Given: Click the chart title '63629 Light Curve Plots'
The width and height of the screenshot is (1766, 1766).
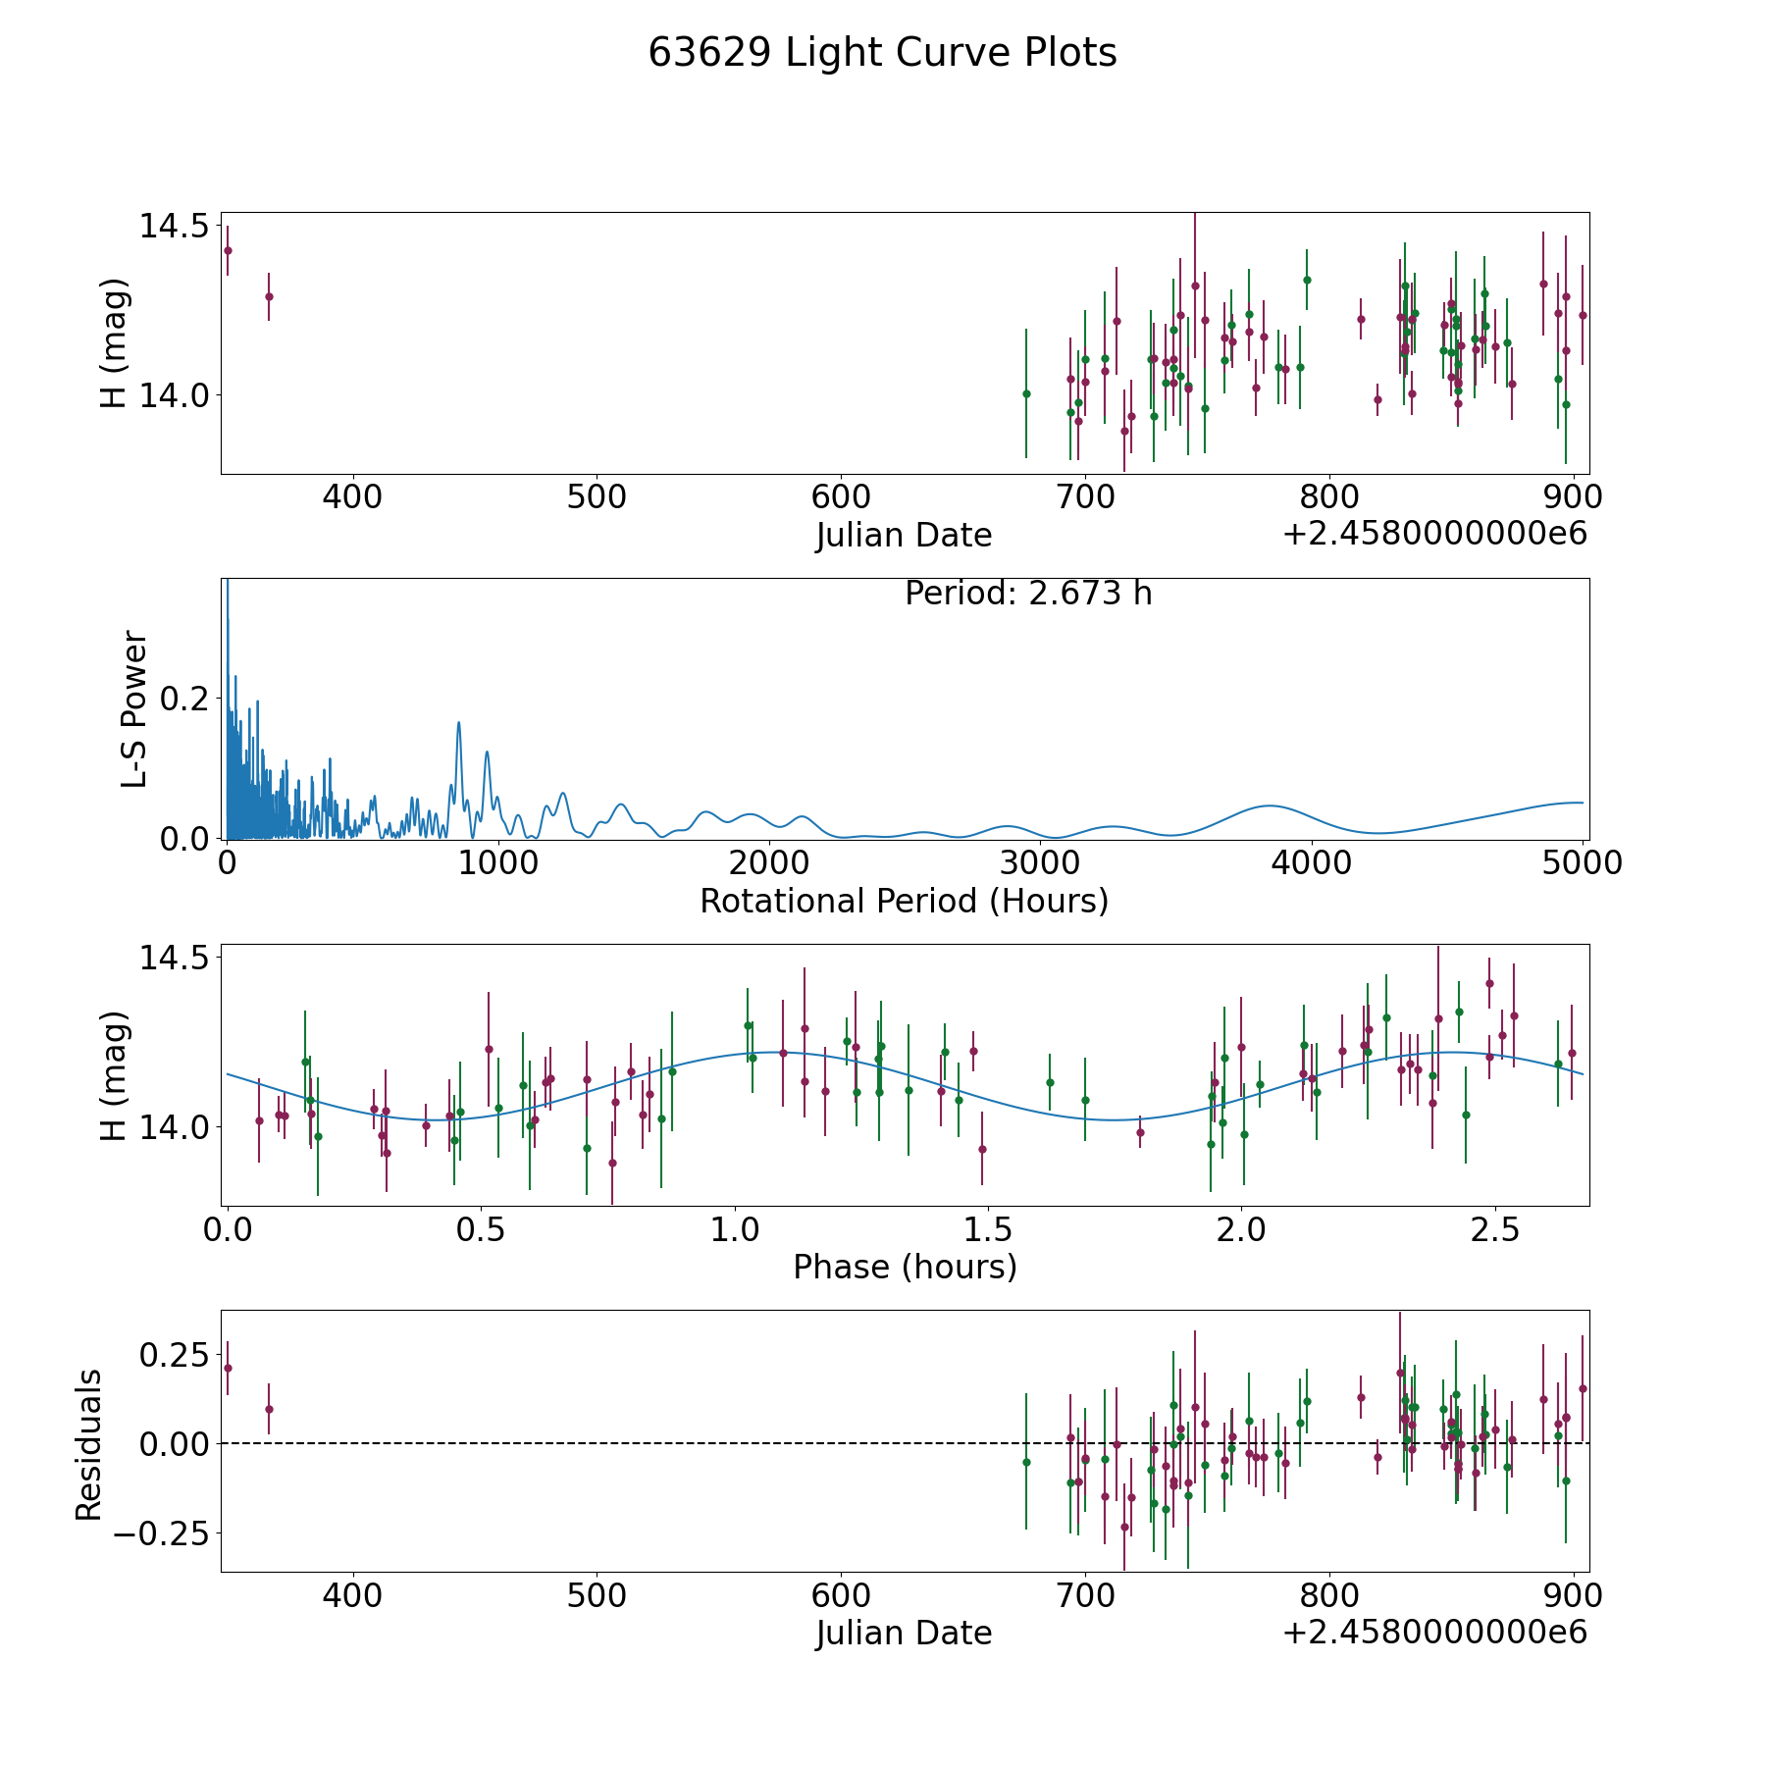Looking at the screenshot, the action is (882, 53).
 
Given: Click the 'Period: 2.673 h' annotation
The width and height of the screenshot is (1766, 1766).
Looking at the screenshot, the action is (1028, 594).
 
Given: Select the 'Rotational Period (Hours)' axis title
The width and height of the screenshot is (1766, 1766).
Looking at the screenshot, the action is (904, 901).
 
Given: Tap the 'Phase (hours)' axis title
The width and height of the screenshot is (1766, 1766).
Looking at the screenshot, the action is (905, 1267).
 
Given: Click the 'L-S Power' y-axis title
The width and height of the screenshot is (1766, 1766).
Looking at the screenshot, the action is (135, 709).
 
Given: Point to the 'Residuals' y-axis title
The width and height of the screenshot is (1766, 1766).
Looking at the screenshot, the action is (89, 1445).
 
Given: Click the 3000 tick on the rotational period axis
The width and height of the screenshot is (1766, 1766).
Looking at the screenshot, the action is (1040, 863).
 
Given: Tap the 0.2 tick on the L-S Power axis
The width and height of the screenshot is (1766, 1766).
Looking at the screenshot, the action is (184, 699).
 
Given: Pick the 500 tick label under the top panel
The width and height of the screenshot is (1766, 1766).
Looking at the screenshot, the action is (597, 497).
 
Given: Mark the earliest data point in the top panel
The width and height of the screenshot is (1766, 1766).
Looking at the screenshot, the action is (228, 250).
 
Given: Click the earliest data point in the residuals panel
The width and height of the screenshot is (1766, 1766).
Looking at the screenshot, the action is (228, 1368).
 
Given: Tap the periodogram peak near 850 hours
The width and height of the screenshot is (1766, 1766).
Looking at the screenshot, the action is (458, 723).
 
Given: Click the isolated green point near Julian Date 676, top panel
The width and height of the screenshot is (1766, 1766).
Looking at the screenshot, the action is (1026, 393).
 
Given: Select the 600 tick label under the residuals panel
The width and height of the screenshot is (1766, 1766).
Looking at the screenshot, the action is (841, 1596).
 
